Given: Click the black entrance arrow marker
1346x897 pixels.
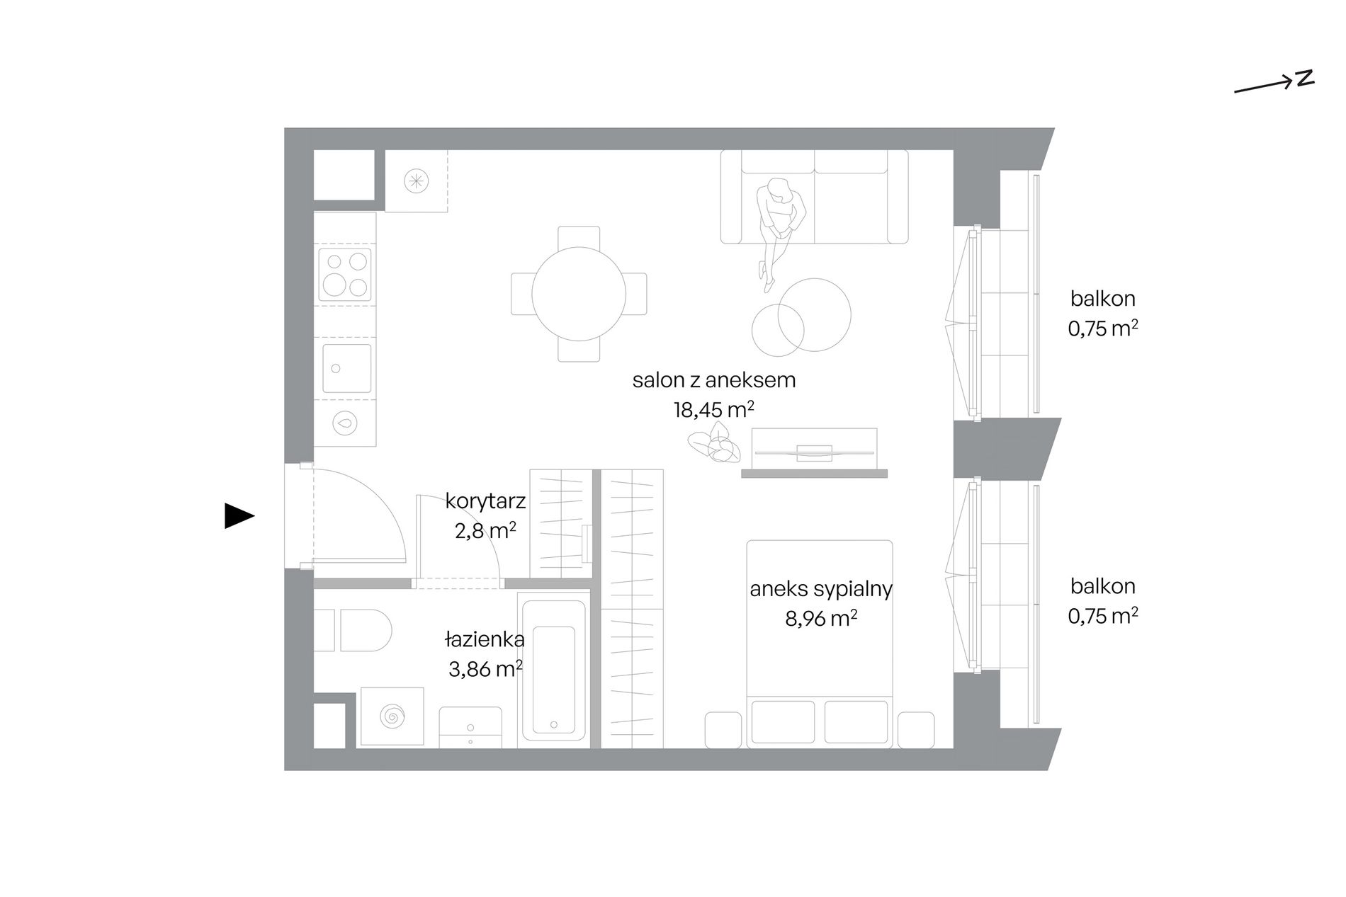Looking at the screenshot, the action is click(239, 515).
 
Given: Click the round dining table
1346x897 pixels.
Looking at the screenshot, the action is click(579, 294).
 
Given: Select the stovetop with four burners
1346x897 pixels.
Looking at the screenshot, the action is click(346, 275).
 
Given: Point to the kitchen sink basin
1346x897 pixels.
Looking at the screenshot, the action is click(347, 368).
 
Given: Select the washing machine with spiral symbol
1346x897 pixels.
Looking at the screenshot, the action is click(392, 716).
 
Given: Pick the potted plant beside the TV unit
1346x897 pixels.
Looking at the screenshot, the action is click(714, 444).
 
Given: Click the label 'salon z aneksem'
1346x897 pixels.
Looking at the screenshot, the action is click(714, 380).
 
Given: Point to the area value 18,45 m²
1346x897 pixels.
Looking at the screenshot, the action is click(713, 410).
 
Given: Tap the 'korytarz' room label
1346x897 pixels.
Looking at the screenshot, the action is click(485, 501).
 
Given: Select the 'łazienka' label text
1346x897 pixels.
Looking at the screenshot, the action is click(485, 639).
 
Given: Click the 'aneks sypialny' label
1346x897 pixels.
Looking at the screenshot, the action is click(821, 589).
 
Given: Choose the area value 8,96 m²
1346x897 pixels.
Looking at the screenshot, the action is click(821, 619).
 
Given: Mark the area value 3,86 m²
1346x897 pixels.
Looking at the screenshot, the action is click(485, 668).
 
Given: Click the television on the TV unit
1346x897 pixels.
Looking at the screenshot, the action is click(815, 451).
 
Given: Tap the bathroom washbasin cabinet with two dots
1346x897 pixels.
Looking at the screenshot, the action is click(470, 727).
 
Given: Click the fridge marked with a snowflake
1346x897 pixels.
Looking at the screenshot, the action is click(416, 181).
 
